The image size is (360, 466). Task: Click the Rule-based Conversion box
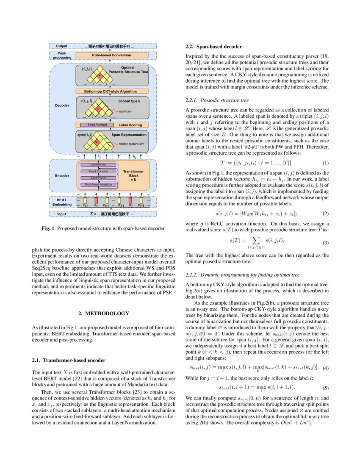click(x=112, y=55)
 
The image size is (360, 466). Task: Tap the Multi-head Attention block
click(x=98, y=185)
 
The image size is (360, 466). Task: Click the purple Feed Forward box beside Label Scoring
click(x=97, y=125)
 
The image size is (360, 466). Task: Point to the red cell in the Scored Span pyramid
click(x=98, y=108)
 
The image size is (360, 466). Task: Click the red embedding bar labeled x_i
click(x=96, y=200)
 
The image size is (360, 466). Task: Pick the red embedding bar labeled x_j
click(x=130, y=200)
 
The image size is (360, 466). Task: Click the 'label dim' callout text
click(x=125, y=111)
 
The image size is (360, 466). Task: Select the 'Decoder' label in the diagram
click(x=62, y=105)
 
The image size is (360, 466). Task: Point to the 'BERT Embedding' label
click(x=62, y=202)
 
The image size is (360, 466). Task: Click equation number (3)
click(x=326, y=243)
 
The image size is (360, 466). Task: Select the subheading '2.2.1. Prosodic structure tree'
click(x=217, y=100)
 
